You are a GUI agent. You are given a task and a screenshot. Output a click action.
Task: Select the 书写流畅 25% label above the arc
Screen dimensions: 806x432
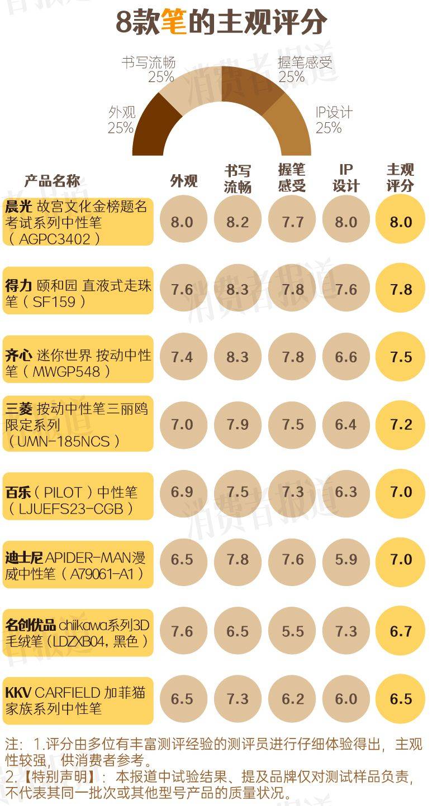[149, 69]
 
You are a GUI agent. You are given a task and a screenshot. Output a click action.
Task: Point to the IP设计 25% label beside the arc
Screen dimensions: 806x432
[334, 119]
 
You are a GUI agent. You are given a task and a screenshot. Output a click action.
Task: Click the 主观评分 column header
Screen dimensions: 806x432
[401, 177]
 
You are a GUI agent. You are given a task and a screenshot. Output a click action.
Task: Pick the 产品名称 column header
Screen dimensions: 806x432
[52, 181]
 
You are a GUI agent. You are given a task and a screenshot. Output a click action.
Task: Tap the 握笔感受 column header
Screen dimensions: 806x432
[292, 177]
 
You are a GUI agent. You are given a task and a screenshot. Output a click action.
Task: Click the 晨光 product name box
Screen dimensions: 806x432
[78, 222]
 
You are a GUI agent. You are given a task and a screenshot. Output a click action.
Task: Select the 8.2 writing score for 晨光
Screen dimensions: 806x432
[238, 222]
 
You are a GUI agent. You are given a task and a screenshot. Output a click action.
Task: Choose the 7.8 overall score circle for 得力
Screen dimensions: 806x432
[401, 289]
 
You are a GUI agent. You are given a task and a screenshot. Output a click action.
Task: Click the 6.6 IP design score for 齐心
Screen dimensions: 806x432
[346, 357]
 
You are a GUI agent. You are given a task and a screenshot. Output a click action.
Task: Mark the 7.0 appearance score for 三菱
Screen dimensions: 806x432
[182, 425]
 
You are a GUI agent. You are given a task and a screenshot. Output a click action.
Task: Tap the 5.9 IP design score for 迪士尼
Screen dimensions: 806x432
[346, 560]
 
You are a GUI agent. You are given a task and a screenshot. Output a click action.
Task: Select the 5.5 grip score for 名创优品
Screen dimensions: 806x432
[292, 631]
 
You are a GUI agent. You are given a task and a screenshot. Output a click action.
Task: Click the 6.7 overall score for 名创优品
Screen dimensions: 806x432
[401, 631]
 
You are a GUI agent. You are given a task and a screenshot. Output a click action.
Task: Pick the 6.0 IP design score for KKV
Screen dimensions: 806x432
[346, 699]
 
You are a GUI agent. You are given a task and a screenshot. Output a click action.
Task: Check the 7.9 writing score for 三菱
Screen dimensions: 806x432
[238, 425]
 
